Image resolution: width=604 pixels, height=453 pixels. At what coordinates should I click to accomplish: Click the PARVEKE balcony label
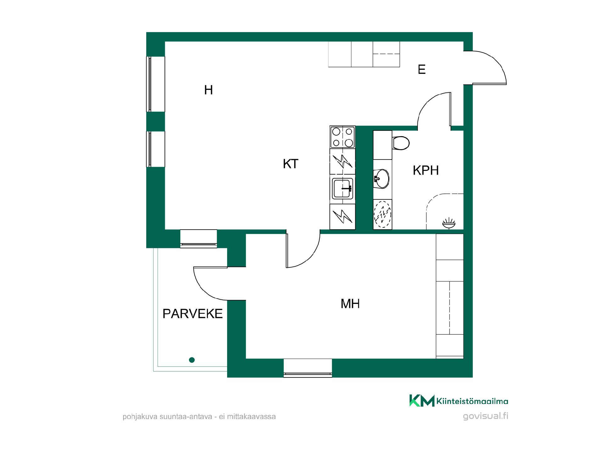tap(193, 314)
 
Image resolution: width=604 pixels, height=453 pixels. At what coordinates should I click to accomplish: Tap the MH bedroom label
tap(350, 304)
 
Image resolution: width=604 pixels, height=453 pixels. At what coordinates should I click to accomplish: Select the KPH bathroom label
tap(426, 170)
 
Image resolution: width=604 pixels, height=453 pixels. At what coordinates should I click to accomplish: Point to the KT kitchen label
tap(290, 164)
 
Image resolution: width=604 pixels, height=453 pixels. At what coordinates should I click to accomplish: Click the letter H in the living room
tap(209, 90)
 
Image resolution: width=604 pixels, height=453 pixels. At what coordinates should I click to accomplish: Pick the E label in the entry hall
tap(422, 69)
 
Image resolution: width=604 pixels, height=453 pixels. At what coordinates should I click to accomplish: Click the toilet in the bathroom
tap(401, 143)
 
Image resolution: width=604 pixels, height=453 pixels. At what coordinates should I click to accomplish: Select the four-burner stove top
tap(343, 137)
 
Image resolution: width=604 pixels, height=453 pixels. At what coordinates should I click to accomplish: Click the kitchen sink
tap(343, 188)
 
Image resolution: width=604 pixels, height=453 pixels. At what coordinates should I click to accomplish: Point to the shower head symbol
tap(449, 224)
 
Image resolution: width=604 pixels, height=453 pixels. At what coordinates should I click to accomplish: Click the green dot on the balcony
tap(192, 360)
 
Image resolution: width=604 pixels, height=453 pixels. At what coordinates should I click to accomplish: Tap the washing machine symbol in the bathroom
tap(383, 214)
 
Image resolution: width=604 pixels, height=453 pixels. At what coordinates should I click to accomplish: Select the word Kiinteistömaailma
tap(472, 401)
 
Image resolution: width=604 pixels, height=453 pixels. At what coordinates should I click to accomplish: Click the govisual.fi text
tap(486, 416)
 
